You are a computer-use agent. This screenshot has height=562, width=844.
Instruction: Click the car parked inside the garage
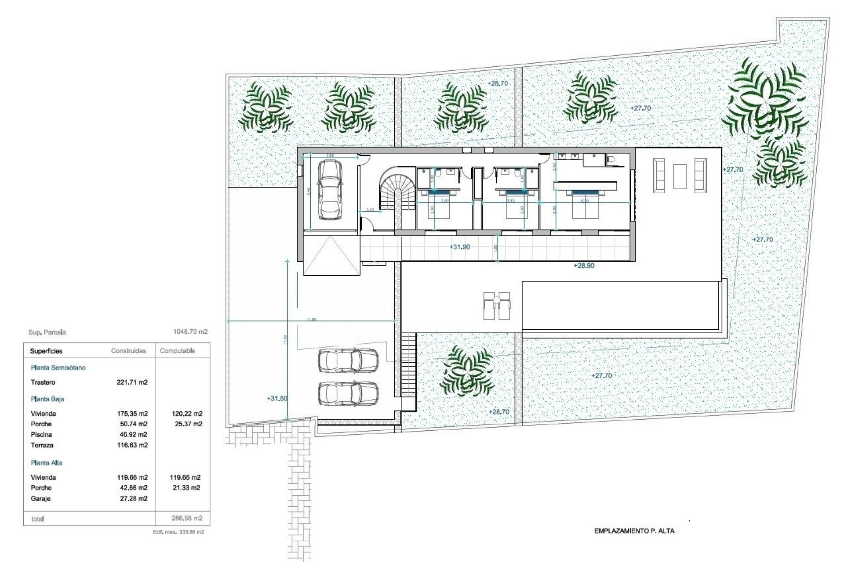point(330,190)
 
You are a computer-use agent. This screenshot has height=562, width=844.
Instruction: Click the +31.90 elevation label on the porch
point(459,247)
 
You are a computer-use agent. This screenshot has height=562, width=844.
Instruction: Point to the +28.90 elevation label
point(584,266)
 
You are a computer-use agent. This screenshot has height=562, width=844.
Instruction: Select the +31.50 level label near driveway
point(277,399)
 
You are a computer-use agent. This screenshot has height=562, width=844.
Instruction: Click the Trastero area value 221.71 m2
point(132,382)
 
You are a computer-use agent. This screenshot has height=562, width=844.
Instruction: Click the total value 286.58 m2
point(187,519)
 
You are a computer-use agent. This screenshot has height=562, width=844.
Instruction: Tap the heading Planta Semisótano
point(58,368)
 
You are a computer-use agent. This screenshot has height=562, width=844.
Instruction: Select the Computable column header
point(177,351)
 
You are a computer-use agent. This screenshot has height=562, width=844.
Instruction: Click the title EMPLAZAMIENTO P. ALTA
point(634,531)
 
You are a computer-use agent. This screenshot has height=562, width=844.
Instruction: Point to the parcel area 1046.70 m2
point(190,332)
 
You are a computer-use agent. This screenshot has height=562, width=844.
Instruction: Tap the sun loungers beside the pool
point(497,306)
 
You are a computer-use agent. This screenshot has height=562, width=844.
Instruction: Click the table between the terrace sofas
point(680,176)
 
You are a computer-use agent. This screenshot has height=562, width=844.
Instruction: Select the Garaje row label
point(40,499)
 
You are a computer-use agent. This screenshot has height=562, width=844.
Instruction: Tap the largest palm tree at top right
point(765,101)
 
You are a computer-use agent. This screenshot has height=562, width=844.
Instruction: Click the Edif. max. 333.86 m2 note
point(178,532)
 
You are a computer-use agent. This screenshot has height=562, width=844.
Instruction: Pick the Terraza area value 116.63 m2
point(132,445)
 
